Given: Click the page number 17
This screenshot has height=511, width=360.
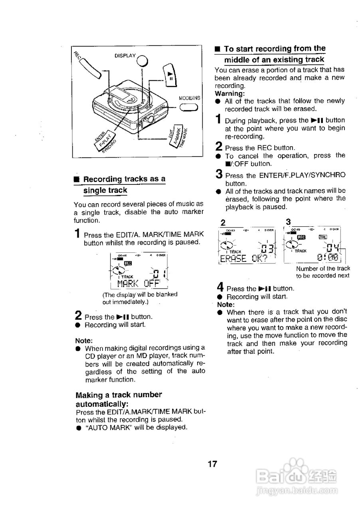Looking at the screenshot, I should pos(212,464).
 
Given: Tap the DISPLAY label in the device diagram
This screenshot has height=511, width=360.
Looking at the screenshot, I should pos(125,56).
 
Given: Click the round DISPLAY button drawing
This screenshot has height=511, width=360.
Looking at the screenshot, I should pos(142,60).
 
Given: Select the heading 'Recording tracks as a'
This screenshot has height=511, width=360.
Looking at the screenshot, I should pos(124,179).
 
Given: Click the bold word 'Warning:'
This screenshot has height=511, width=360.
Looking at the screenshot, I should pos(229,93).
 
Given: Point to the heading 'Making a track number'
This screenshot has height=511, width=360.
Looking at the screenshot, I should pos(119,395).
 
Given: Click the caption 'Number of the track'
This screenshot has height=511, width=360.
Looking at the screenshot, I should pos(322,268).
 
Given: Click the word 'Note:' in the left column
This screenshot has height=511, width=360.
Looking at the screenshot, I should pos(84,341).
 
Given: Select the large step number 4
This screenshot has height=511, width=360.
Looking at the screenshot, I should pos(220,287).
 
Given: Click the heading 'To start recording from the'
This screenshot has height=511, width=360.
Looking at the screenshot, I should pos(275,49).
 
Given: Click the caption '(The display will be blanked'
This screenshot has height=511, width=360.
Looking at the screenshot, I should pos(140,295).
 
